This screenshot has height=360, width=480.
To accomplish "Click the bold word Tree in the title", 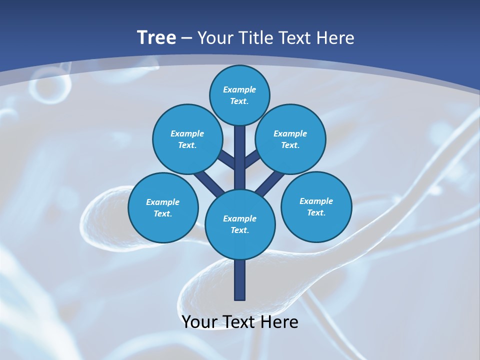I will coord(156,38).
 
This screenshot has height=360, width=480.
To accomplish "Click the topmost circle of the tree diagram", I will coord(239,95).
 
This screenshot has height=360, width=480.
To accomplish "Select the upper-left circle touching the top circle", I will coord(187,139).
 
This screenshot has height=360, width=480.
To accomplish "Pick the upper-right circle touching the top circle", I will coord(290,139).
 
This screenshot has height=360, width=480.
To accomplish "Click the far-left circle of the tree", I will coord(163,207).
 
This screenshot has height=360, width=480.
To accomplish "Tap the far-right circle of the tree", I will coord(316,206).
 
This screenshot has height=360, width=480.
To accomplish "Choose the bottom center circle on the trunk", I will coord(239,224).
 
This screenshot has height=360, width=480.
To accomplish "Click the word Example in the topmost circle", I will coord(239,90).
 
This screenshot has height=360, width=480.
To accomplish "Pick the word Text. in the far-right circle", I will coord(316,212).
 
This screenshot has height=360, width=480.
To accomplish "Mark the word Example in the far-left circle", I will coord(162,202).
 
